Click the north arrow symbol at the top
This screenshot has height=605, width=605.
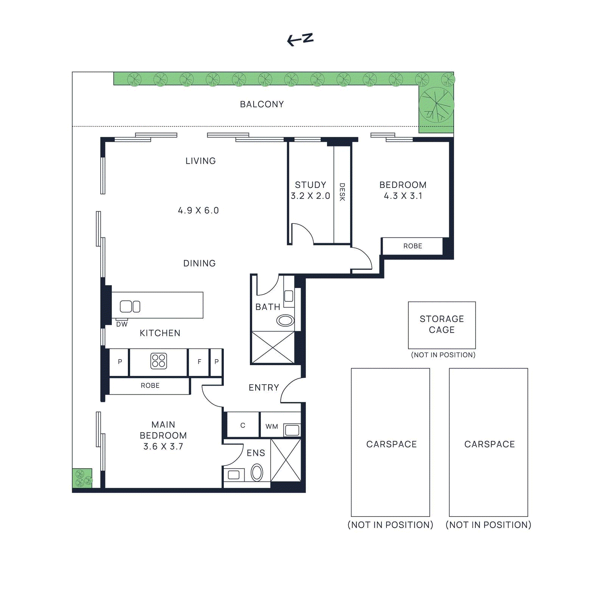pyautogui.click(x=300, y=39)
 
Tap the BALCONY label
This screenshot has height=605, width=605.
pyautogui.click(x=262, y=104)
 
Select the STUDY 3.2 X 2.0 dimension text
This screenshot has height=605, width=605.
pyautogui.click(x=310, y=196)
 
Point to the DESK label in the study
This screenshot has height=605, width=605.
pyautogui.click(x=342, y=192)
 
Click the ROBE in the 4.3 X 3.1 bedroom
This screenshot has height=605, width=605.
pyautogui.click(x=412, y=246)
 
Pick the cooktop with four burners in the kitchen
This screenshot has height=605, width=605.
pyautogui.click(x=158, y=361)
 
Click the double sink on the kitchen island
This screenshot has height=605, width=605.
pyautogui.click(x=130, y=306)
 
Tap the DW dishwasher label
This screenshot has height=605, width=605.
pyautogui.click(x=122, y=324)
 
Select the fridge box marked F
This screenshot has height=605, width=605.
pyautogui.click(x=199, y=362)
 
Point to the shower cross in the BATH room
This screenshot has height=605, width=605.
pyautogui.click(x=273, y=347)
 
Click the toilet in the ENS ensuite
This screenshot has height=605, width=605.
pyautogui.click(x=257, y=473)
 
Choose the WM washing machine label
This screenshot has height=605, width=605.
pyautogui.click(x=271, y=427)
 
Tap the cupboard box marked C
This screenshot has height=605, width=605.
pyautogui.click(x=243, y=425)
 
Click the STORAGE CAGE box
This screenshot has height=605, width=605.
pyautogui.click(x=442, y=325)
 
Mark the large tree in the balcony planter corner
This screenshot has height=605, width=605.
pyautogui.click(x=436, y=105)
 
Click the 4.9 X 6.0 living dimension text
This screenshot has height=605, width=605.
pyautogui.click(x=199, y=211)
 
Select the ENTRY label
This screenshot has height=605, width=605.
pyautogui.click(x=264, y=388)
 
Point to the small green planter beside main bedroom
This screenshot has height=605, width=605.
pyautogui.click(x=82, y=478)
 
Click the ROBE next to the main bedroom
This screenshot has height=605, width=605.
pyautogui.click(x=150, y=386)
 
